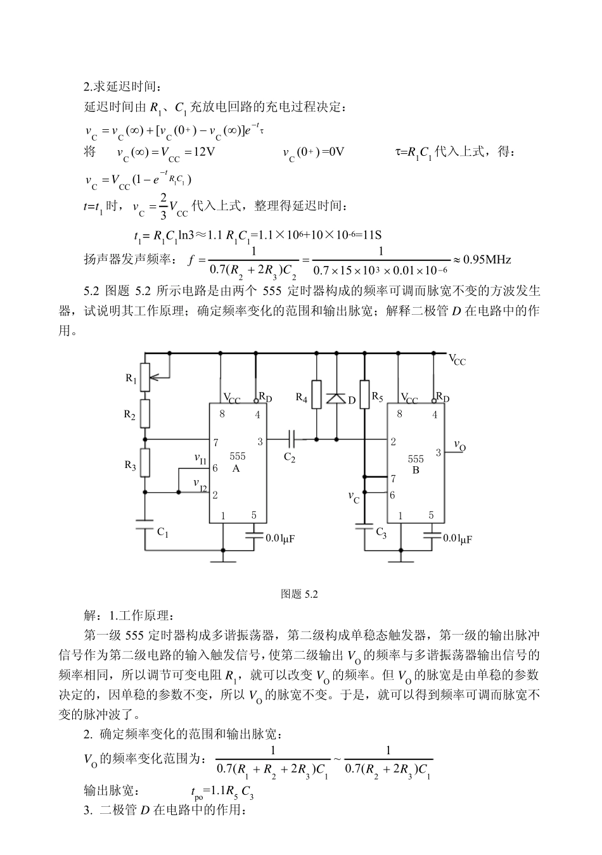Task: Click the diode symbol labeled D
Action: (336, 398)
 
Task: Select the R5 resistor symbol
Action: (364, 395)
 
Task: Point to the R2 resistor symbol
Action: (145, 413)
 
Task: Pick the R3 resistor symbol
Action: (145, 462)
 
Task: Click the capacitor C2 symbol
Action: (290, 438)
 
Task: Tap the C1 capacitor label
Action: (163, 533)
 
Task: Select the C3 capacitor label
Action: (381, 532)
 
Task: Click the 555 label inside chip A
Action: (237, 456)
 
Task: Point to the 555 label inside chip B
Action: (416, 459)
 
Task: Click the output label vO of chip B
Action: (459, 446)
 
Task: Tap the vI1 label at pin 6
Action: (200, 457)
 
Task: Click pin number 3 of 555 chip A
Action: (260, 441)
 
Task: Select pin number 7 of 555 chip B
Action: (394, 479)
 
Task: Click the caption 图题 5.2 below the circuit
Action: (298, 594)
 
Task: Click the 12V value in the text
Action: (203, 152)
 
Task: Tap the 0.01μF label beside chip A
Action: (280, 538)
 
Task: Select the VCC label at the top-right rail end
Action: (458, 359)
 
